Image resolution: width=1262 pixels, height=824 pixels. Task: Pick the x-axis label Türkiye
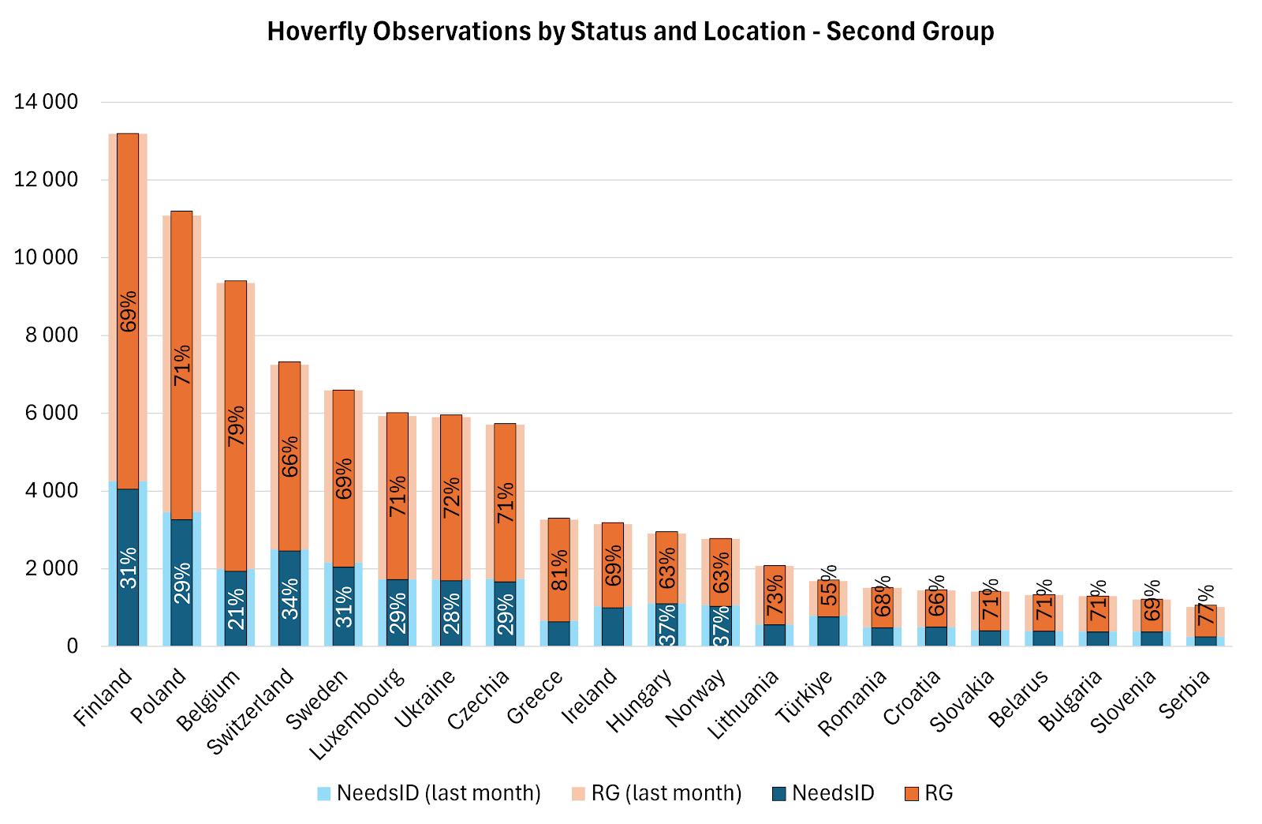click(x=805, y=695)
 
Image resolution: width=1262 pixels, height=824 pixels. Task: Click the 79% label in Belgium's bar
click(x=236, y=426)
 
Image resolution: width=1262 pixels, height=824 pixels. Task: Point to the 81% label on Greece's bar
click(x=559, y=570)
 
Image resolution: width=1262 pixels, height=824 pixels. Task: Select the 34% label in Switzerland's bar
click(x=289, y=598)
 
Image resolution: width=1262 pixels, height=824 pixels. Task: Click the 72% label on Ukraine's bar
click(x=451, y=497)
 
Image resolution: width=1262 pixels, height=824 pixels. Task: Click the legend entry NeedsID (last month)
click(x=429, y=793)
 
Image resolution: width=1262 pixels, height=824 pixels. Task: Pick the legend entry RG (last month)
click(x=655, y=793)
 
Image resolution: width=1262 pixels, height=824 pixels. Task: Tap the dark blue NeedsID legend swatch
click(x=779, y=793)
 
